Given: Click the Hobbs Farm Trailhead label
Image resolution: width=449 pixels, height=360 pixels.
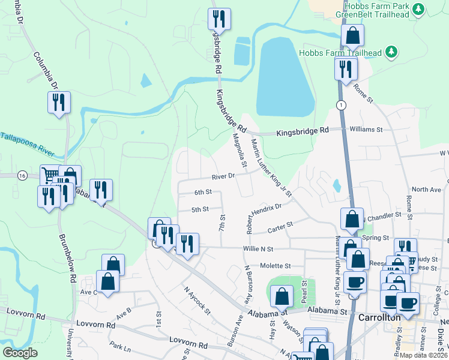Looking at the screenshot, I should [x=340, y=53].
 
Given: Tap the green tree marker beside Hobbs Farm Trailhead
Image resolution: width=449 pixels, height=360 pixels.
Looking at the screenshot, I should [x=391, y=52].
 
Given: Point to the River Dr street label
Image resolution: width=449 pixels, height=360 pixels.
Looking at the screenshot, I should [x=222, y=176].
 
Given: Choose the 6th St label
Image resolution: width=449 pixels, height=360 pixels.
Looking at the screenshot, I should [x=203, y=192].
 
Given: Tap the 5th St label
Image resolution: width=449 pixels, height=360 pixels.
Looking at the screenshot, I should [x=200, y=209].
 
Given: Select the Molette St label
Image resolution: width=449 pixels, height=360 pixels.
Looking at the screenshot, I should [x=275, y=265].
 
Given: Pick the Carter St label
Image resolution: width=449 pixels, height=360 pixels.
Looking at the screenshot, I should [x=280, y=227].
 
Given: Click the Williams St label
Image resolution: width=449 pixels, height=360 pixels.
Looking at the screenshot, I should [x=366, y=129].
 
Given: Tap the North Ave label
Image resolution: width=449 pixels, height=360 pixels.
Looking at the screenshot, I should [x=426, y=190].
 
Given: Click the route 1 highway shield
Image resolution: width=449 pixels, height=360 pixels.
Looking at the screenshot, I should [x=342, y=105].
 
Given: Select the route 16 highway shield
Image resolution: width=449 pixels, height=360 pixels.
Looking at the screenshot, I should [x=22, y=175].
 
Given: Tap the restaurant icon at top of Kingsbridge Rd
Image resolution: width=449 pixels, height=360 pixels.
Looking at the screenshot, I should [x=219, y=19].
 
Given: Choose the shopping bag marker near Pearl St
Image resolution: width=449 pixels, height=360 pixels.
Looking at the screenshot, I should [x=282, y=296].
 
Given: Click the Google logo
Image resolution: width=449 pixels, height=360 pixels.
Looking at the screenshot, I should [x=20, y=353].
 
